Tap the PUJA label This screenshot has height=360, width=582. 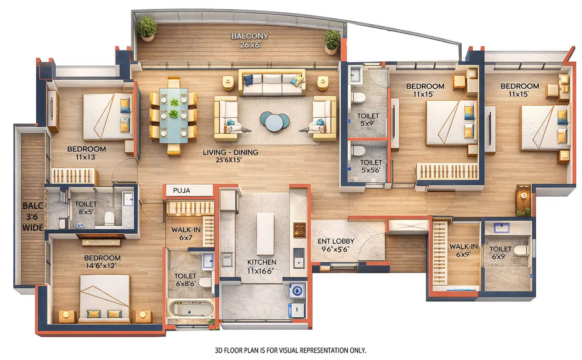point(181,190)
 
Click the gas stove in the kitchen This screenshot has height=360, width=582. point(299,230)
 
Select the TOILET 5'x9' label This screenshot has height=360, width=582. point(368,120)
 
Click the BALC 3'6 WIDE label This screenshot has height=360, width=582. point(33,217)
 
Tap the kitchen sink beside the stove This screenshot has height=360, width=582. point(299,257)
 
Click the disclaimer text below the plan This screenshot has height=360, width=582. point(291,350)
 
